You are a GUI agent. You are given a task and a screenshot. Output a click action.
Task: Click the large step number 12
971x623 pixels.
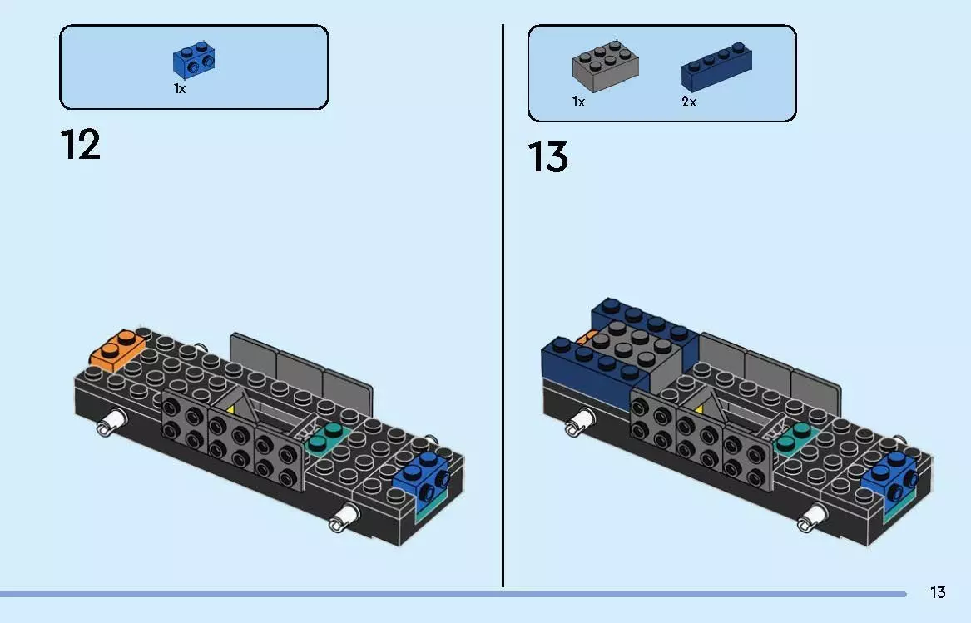[x=81, y=145]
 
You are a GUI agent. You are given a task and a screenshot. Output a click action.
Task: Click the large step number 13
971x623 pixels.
[x=548, y=156]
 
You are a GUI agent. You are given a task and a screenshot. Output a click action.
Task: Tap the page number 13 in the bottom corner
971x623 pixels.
[x=938, y=593]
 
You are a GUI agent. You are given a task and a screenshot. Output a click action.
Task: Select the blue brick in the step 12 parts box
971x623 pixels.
[x=195, y=60]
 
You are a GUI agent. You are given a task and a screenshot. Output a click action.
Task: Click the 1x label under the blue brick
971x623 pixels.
[x=180, y=89]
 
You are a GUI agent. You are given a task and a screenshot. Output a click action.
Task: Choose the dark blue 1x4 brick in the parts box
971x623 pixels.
[x=716, y=67]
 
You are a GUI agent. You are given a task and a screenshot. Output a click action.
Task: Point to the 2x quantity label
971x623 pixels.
[x=689, y=102]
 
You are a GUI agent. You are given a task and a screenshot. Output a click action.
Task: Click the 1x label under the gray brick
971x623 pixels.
[x=579, y=102]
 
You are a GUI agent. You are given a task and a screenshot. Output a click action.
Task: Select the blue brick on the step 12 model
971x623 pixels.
[x=421, y=476]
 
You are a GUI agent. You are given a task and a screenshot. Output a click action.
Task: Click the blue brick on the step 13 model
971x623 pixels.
[x=890, y=476]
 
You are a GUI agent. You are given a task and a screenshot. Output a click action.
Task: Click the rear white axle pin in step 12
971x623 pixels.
[x=111, y=423]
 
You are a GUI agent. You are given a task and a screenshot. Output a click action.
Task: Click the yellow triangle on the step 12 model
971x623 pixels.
[x=230, y=408]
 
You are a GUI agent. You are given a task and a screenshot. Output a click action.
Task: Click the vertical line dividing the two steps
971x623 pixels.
[x=503, y=305]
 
